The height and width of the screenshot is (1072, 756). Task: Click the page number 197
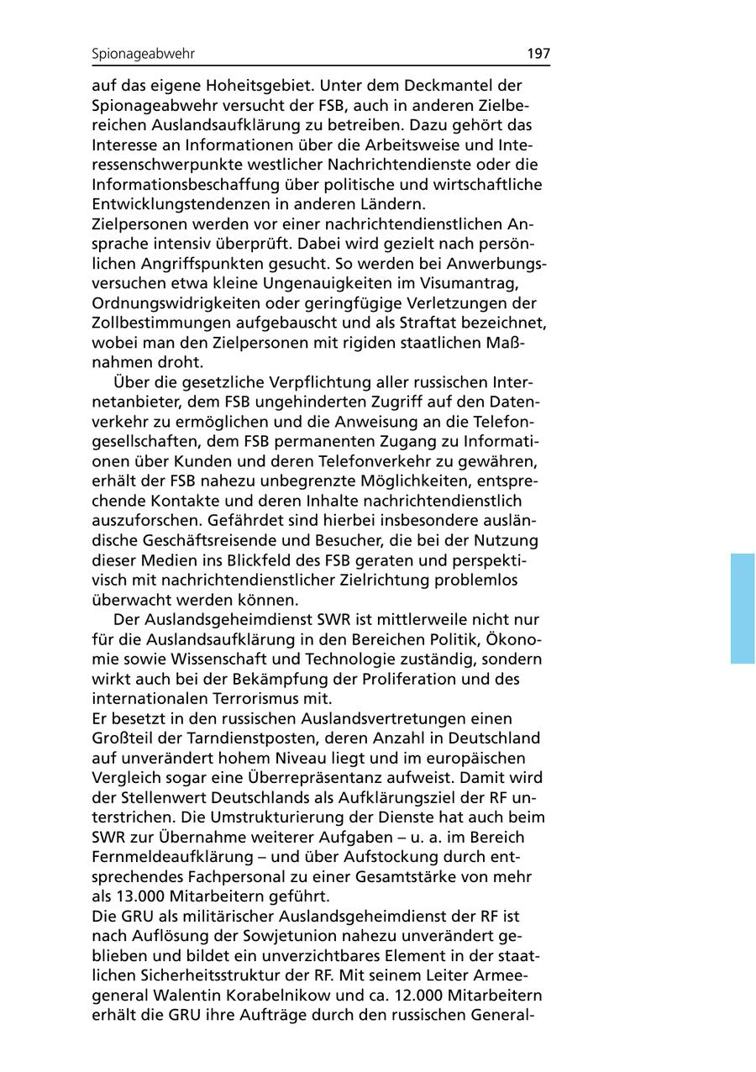[538, 54]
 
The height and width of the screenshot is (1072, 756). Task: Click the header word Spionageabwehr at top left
[143, 55]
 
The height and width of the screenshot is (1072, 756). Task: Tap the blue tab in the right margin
[743, 608]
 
